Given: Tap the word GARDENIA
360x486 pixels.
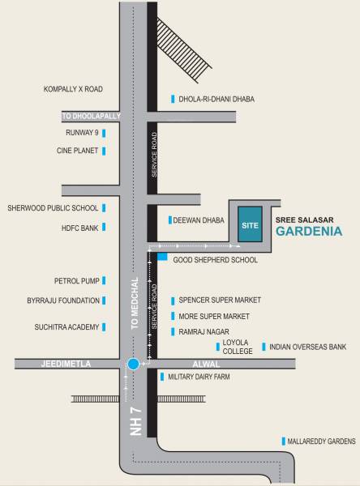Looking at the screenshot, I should click(x=311, y=230).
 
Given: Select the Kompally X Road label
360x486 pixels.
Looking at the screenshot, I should click(x=73, y=88).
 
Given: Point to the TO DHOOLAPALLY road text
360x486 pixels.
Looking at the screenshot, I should click(x=92, y=116).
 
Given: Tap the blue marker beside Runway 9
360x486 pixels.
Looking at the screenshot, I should click(x=104, y=132).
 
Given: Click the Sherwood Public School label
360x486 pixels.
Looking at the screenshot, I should click(x=53, y=207).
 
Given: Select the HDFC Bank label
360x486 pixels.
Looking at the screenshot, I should click(x=79, y=228).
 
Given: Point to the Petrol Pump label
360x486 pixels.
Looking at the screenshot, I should click(x=76, y=281).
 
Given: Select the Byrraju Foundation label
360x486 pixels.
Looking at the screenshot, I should click(x=63, y=301).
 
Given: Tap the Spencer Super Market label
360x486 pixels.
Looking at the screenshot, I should click(x=214, y=299).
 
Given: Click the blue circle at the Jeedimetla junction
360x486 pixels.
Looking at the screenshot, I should click(x=133, y=365).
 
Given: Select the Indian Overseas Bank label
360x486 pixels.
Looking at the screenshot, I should click(x=308, y=346).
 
